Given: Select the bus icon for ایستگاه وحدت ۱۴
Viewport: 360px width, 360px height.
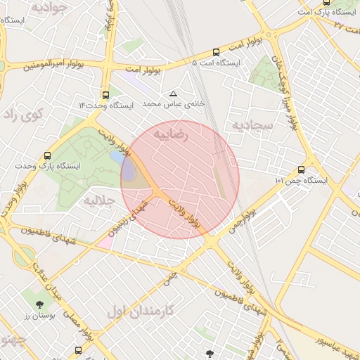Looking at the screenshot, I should click(105, 94).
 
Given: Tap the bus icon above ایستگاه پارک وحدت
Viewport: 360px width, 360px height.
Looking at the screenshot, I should click(47, 155).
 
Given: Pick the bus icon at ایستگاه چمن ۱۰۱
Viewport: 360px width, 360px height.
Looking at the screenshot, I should click(302, 169).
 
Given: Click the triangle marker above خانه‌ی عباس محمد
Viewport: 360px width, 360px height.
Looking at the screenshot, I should click(174, 93).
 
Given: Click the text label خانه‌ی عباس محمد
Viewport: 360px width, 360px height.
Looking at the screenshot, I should click(174, 103).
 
